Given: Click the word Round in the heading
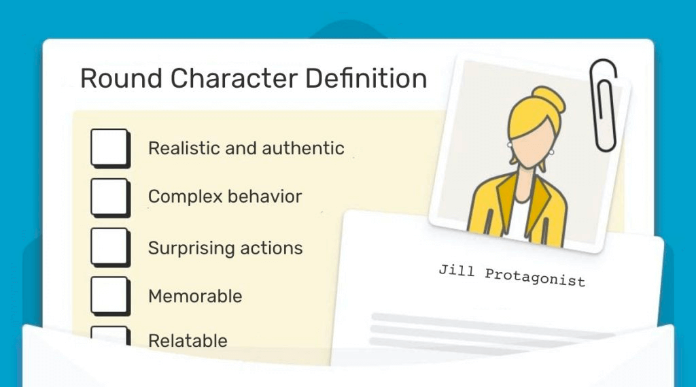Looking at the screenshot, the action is (121, 78).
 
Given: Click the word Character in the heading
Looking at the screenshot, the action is (234, 78).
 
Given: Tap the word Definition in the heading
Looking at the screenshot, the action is (366, 78).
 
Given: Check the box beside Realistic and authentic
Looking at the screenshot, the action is (111, 148).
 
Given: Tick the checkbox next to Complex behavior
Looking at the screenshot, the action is (111, 198).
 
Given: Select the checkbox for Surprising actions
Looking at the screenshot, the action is (111, 248).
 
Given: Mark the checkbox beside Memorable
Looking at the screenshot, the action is (111, 297).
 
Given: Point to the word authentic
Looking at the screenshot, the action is (303, 148).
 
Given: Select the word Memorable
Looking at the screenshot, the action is (195, 297).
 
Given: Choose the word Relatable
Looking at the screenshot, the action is (188, 341).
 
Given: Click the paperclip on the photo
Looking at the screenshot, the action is (604, 105).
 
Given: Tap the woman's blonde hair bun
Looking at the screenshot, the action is (549, 99).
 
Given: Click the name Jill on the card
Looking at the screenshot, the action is (456, 271).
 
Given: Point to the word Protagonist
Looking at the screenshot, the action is (535, 277).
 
